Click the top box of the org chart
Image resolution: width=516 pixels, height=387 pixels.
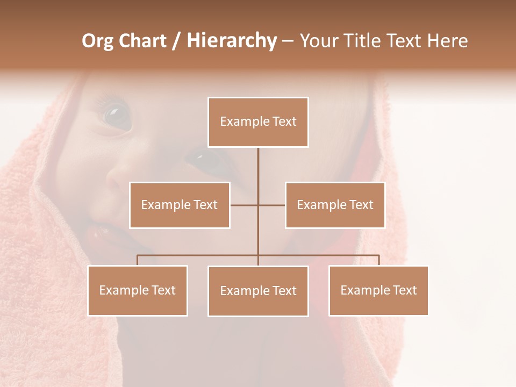click(258, 122)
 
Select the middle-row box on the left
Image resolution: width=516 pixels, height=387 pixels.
click(180, 205)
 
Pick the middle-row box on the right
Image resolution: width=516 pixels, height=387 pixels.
click(335, 205)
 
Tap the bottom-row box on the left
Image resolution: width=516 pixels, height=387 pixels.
click(138, 290)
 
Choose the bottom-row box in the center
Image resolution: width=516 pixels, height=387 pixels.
click(258, 291)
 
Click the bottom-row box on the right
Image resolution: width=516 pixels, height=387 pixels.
click(378, 290)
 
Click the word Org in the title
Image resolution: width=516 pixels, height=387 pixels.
click(98, 41)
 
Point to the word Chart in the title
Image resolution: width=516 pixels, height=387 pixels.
click(142, 41)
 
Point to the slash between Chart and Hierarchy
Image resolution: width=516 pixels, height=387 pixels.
click(176, 41)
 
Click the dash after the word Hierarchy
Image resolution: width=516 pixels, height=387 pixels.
click(288, 41)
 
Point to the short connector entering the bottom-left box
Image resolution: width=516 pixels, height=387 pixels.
click(138, 260)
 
